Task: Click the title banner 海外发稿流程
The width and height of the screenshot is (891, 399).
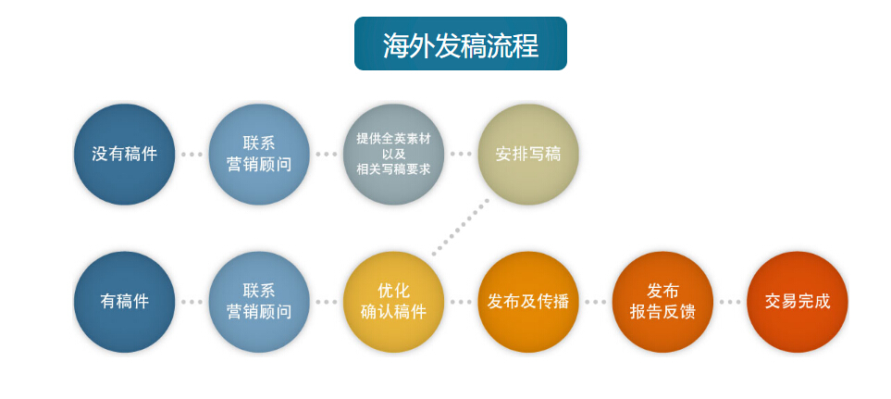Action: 460,44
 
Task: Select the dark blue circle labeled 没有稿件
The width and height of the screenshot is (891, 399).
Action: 125,154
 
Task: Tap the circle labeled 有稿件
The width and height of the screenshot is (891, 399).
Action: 125,302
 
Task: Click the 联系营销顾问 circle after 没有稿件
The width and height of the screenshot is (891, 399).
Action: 259,154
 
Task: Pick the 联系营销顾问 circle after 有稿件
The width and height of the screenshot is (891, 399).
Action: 259,302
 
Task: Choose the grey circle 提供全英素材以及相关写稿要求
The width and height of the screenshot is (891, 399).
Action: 393,154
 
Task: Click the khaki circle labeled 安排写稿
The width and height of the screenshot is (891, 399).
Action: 528,154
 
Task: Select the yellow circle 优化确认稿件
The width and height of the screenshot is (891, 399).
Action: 393,302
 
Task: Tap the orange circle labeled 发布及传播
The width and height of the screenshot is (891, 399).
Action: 528,302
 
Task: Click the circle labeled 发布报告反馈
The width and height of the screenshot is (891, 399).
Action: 662,302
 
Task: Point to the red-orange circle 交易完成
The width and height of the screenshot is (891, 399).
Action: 798,302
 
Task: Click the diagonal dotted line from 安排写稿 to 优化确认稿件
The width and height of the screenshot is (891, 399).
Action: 461,227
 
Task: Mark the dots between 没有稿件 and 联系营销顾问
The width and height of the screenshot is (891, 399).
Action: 192,154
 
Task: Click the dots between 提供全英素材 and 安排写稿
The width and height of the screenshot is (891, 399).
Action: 461,154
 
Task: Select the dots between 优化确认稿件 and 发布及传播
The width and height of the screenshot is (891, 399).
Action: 461,302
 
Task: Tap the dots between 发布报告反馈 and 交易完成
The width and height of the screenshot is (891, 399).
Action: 730,302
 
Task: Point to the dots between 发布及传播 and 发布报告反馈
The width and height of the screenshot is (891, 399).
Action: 596,302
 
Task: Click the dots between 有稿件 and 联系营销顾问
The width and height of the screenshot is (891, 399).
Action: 192,302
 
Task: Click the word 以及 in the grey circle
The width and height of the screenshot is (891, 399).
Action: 393,154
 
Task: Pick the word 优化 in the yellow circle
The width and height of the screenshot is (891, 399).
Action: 393,291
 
